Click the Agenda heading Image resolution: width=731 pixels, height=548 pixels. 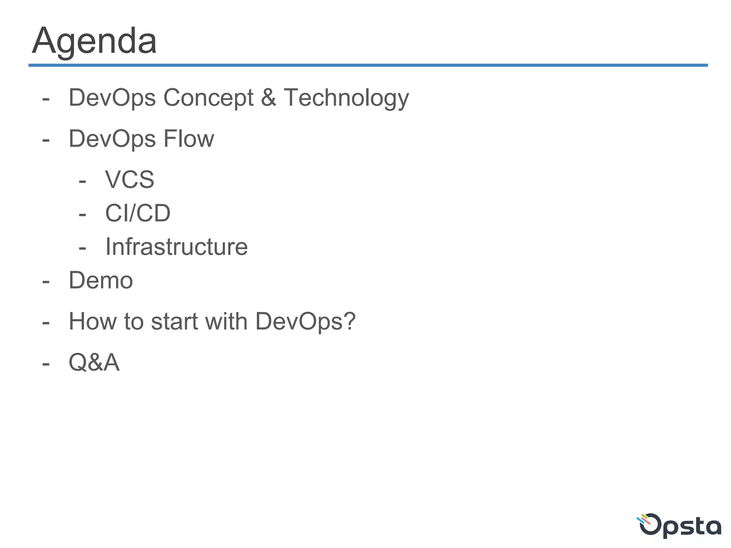[94, 41]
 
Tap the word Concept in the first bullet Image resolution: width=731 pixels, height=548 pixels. [208, 97]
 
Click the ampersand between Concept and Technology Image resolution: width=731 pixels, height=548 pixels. [268, 97]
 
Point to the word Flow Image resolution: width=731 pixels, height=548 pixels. [188, 138]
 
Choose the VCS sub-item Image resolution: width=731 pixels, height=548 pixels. [130, 179]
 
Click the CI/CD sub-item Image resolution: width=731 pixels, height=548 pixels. [138, 213]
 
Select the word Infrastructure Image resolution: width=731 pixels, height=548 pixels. [176, 247]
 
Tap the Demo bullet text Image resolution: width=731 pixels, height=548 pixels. [101, 280]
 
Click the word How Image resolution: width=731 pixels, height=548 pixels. [92, 321]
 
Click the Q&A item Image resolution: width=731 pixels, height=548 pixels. [94, 362]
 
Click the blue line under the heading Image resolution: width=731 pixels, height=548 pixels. [368, 65]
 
